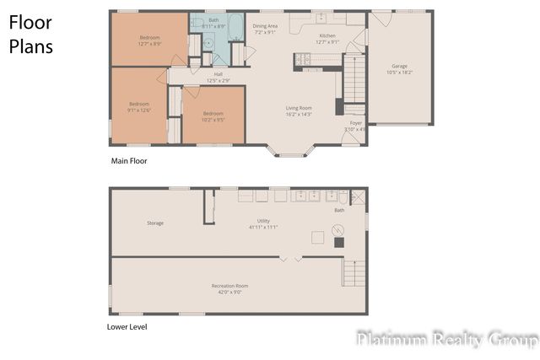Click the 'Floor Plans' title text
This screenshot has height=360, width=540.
[x=31, y=35]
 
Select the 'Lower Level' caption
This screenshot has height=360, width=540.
[x=127, y=326]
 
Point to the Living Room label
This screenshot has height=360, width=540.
[x=299, y=110]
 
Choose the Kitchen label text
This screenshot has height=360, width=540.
[x=327, y=39]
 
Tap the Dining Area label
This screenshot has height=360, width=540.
[x=266, y=29]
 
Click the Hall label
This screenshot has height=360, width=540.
[x=218, y=77]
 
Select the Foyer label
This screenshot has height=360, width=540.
[x=356, y=126]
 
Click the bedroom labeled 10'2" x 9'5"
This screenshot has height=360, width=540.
[x=213, y=116]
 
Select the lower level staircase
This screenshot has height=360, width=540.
[x=354, y=273]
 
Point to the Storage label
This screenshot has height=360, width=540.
[x=155, y=223]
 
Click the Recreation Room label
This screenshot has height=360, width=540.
[x=229, y=289]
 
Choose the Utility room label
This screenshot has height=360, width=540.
[x=263, y=224]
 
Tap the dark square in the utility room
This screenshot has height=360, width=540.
[x=338, y=242]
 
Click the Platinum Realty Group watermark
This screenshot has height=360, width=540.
[x=446, y=340]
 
